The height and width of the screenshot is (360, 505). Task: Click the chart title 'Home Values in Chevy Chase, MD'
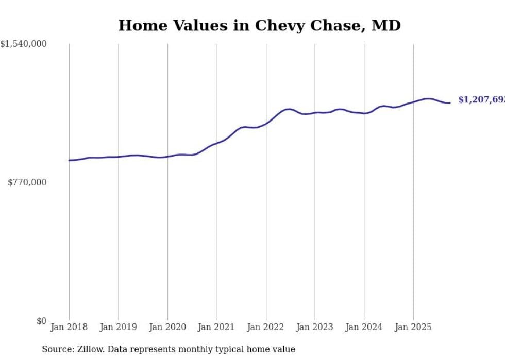tap(259, 25)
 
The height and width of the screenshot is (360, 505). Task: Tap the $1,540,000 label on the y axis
tap(24, 44)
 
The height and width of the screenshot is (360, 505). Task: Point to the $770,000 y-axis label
tap(27, 182)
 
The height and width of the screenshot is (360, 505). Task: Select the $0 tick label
tap(41, 321)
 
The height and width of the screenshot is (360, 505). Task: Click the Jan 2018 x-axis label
tap(69, 327)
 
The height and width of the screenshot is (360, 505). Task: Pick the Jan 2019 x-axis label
tap(118, 327)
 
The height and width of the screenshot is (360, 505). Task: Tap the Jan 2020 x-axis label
tap(167, 327)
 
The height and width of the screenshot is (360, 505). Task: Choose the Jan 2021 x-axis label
tap(216, 327)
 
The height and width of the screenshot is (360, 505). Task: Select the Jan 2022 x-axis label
tap(266, 327)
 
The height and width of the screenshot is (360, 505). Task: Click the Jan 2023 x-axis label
tap(315, 327)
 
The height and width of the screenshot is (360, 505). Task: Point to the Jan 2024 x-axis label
tap(364, 327)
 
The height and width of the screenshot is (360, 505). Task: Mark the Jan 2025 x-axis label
tap(413, 327)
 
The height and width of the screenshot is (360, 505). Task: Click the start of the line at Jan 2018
tap(70, 160)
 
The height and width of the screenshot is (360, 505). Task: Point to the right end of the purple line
tap(450, 103)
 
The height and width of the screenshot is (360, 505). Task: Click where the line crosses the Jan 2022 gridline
tap(266, 123)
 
